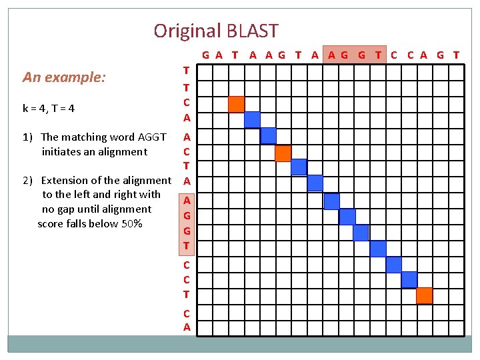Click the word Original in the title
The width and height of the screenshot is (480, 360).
tap(187, 31)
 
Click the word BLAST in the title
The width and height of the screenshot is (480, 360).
tap(252, 31)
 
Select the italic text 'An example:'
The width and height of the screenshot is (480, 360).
tap(64, 77)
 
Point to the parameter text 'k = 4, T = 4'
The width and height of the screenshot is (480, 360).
tap(49, 108)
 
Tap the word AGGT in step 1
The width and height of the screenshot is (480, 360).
tap(151, 137)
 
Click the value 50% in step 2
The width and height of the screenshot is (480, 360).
tap(131, 224)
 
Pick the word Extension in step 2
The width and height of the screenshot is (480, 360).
tap(71, 181)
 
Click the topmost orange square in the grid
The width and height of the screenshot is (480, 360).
tap(236, 105)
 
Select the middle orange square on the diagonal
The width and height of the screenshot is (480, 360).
tap(283, 153)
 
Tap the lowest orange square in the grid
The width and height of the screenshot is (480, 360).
tap(424, 295)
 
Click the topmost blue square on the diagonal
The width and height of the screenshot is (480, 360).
tap(252, 120)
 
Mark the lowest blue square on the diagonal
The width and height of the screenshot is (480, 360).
tap(409, 280)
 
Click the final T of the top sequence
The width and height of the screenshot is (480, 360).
tap(456, 55)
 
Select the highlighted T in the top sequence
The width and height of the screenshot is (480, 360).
tap(378, 55)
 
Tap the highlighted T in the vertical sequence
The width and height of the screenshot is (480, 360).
tap(187, 245)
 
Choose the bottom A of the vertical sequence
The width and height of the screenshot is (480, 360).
tap(187, 327)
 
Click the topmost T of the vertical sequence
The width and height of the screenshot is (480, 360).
tap(187, 70)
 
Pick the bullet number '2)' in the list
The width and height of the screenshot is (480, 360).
tap(27, 181)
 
